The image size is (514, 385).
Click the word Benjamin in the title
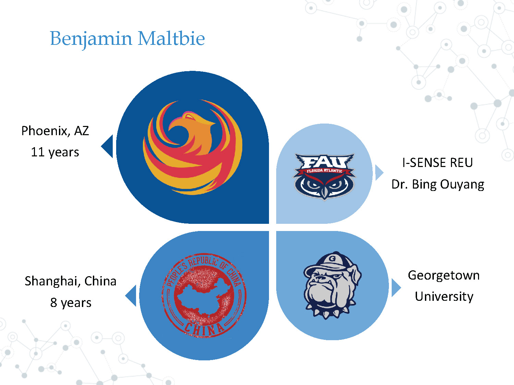91,38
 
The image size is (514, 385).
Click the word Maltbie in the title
171,38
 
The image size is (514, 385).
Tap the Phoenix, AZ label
55,131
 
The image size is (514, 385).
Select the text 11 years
55,152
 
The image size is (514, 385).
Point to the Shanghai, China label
71,281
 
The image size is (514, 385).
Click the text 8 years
71,303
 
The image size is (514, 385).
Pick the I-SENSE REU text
438,163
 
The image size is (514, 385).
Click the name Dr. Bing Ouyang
438,184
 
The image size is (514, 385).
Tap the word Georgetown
444,275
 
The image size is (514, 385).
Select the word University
444,296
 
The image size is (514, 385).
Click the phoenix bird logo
193,147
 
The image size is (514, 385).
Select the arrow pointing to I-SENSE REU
379,173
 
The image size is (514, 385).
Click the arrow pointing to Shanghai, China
132,296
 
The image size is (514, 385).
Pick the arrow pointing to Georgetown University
395,288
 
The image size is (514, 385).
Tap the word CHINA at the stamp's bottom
204,329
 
